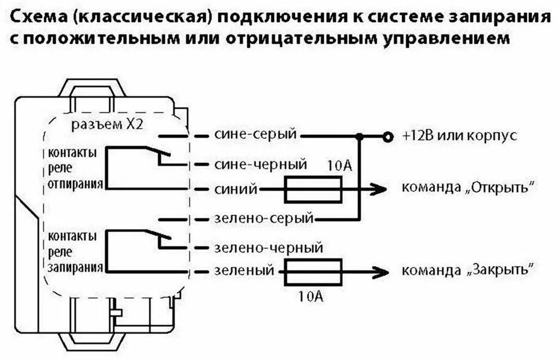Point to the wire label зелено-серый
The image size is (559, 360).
coord(263,219)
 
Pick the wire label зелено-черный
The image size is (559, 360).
coord(266,248)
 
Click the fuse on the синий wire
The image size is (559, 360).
coord(313,190)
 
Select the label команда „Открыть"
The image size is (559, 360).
coord(467,188)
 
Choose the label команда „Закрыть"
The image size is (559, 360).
coord(467,270)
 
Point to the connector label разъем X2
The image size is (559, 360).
coord(107,124)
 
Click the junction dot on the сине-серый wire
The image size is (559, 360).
coord(359,135)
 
